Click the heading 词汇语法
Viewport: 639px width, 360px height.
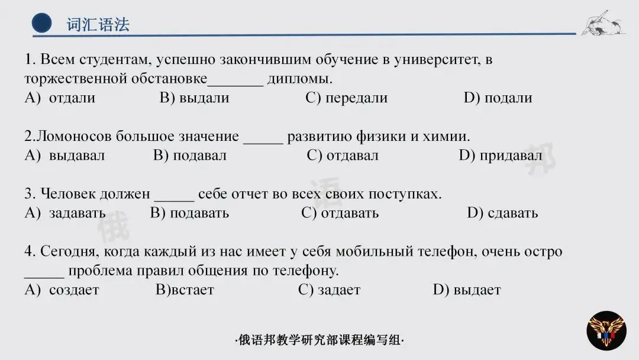coord(98,24)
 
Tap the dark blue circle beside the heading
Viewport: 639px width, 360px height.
coord(42,24)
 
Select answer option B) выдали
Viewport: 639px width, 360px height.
coord(194,98)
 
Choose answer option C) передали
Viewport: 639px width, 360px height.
coord(346,98)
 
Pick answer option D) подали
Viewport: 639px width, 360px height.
coord(498,98)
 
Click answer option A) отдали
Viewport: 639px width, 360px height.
coord(60,98)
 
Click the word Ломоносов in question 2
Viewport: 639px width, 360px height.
coord(75,137)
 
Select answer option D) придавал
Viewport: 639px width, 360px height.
coord(500,156)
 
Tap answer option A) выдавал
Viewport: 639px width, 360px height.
coord(64,156)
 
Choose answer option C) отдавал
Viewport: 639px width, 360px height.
coord(343,156)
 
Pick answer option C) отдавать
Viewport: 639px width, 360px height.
coord(340,213)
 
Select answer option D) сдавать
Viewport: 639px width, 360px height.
coord(502,213)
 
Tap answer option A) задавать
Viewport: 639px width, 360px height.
coord(65,213)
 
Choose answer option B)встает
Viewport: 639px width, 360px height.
coord(185,290)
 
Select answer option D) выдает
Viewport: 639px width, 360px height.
coord(467,290)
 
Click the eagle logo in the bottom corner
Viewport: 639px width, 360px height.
coord(606,330)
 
